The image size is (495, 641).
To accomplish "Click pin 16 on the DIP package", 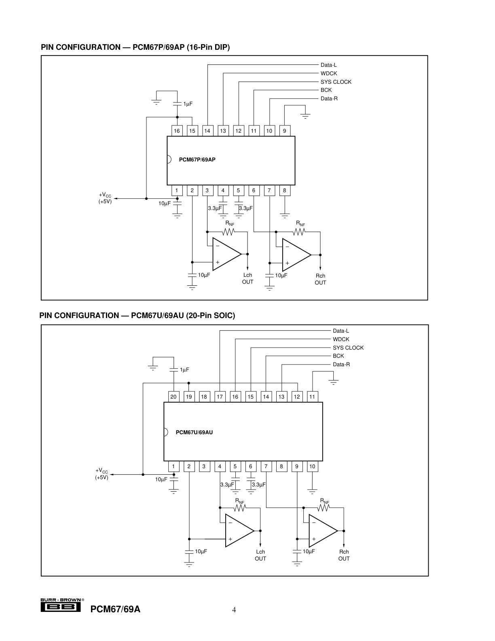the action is [177, 131].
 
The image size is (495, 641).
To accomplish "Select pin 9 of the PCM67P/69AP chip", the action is [284, 131].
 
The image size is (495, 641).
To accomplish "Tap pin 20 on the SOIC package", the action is [173, 397].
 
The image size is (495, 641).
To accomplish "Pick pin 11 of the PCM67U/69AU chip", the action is [312, 397].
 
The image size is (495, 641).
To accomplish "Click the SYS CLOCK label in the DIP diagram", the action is [336, 82].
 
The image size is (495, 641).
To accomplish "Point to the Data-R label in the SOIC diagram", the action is [341, 364].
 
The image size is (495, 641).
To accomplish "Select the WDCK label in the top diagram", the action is [329, 73].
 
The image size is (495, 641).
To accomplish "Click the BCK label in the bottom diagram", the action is [338, 356].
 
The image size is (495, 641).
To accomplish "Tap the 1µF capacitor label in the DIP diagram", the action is [188, 104].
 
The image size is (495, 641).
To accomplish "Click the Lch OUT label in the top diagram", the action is [247, 278].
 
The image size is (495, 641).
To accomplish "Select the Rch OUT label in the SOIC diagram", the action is [344, 555].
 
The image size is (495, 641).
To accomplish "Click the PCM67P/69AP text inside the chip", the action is [197, 159].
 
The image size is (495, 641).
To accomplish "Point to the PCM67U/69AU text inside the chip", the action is [194, 433].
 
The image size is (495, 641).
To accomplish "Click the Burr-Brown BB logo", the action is [61, 606].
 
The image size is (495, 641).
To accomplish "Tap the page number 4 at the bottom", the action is [234, 609].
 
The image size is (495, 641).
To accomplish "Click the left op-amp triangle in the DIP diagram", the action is [227, 254].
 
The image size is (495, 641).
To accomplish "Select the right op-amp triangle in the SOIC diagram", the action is [323, 531].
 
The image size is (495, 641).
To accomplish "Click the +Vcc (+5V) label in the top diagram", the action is [105, 198].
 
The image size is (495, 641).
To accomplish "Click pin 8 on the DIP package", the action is [284, 190].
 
